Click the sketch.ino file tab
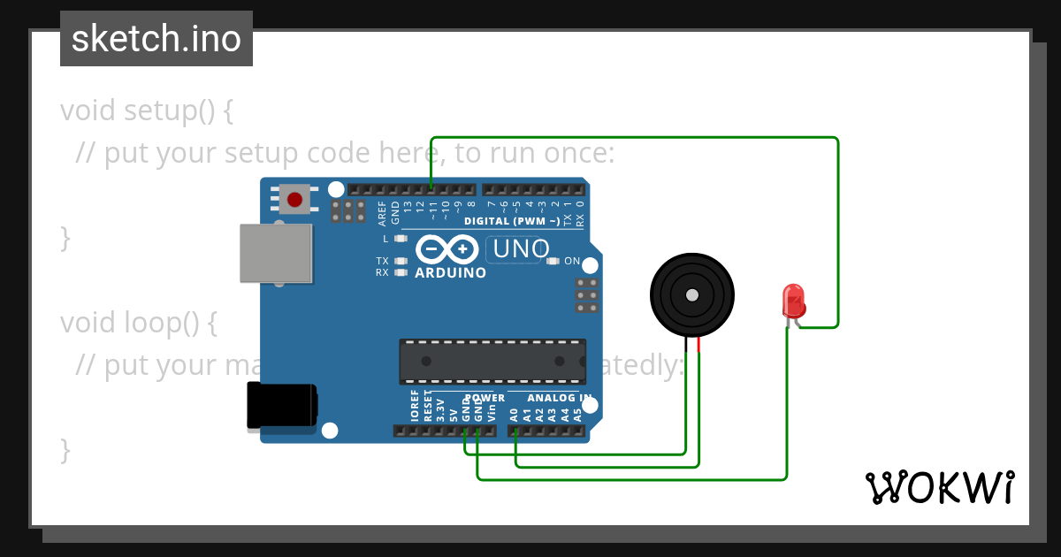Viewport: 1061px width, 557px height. point(156,39)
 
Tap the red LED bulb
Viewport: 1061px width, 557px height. point(793,301)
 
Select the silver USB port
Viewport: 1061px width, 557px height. point(276,253)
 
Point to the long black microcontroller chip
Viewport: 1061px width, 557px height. point(492,361)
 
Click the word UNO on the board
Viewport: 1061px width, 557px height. point(521,249)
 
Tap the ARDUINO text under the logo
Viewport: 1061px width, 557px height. point(450,273)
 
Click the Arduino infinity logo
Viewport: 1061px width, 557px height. point(447,249)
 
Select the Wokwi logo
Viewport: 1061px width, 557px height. point(939,487)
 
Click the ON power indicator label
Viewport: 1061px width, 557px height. point(572,261)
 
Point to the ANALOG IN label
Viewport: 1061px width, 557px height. point(560,398)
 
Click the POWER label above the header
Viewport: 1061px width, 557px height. point(485,398)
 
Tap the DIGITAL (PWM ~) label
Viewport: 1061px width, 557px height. point(511,221)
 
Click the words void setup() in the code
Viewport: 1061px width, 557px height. point(147,111)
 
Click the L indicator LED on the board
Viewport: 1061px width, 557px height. point(401,239)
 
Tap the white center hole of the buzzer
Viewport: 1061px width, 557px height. point(692,294)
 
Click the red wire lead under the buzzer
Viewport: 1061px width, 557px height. point(698,345)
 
